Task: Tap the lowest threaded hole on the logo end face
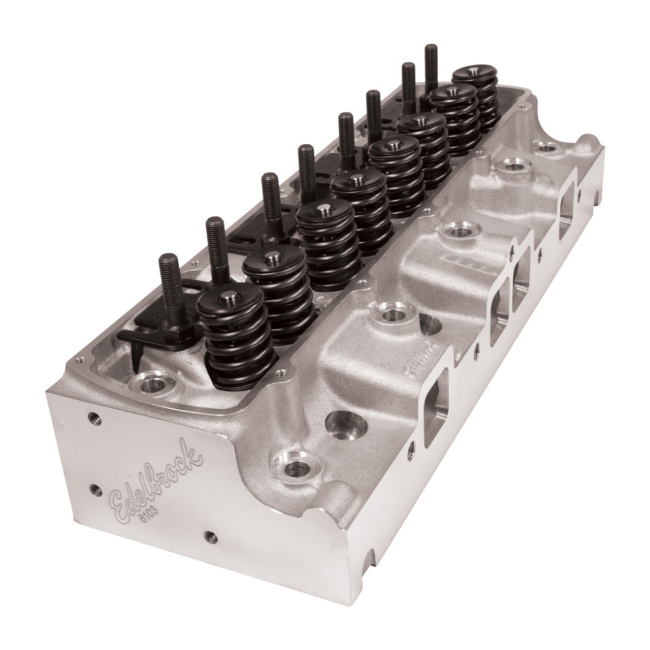[209, 535]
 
